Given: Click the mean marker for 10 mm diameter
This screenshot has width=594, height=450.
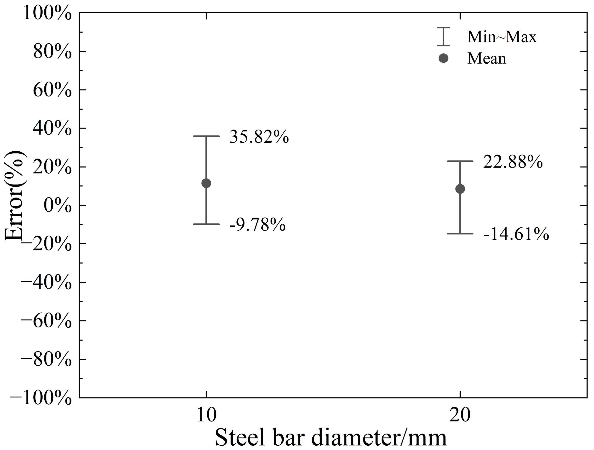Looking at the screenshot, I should pos(206,183).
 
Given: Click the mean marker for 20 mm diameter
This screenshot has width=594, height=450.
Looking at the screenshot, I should pos(460,189).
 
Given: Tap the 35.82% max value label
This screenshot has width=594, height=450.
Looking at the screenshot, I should pos(259,137).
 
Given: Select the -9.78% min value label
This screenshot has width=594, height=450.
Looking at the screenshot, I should pos(258,224).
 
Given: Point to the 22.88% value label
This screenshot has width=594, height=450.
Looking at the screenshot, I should pos(513,162).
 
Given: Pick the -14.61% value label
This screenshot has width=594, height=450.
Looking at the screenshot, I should pos(516,234).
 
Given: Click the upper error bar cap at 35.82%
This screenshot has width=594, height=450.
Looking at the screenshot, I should pos(206,136).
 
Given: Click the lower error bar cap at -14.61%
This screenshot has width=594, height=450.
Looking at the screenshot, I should pos(460,234).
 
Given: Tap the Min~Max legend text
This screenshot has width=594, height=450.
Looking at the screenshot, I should pos(502,37).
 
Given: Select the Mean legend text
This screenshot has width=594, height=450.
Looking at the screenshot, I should pos(487,58).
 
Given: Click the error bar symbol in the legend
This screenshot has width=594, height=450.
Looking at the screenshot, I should pos(443,36).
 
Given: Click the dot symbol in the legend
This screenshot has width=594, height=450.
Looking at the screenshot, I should pos(443,58).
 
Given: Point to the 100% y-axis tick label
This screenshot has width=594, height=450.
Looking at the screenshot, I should pos(47,13).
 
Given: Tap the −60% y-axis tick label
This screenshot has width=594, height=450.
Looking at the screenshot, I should pos(46,321).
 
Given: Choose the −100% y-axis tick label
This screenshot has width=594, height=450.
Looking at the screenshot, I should pos(41,398).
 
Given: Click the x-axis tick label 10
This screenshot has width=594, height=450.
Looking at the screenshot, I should pos(206,415).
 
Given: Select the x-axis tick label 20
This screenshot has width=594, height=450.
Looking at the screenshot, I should pos(460,415).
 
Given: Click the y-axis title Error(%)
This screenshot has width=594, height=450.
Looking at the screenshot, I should pos(15,195).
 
